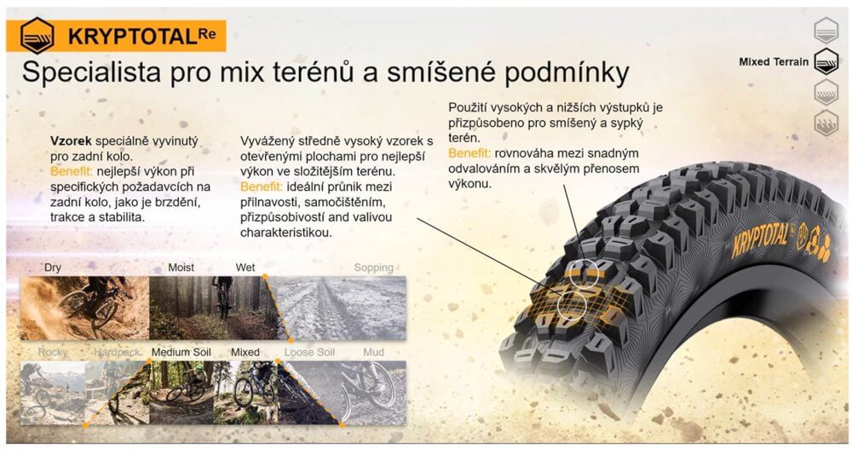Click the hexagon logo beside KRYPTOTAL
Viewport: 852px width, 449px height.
(37, 36)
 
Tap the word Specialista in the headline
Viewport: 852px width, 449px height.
(91, 72)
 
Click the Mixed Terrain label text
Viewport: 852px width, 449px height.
(774, 62)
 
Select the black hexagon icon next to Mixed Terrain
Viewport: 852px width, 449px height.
(826, 61)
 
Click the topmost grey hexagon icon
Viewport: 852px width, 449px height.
(826, 30)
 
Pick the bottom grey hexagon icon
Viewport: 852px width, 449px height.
(826, 123)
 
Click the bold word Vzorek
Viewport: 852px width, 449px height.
(71, 141)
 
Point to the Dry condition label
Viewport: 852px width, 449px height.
(53, 268)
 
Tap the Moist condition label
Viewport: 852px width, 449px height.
(181, 268)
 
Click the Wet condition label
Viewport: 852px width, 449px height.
(245, 268)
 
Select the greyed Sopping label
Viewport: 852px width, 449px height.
(374, 268)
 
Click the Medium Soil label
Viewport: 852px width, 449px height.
(181, 352)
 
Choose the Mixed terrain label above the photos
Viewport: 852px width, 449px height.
(245, 352)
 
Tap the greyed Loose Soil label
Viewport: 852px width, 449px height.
(310, 352)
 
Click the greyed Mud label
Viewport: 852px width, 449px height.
(374, 352)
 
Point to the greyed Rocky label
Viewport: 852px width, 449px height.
(53, 353)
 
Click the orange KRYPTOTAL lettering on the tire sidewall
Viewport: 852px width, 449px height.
(760, 239)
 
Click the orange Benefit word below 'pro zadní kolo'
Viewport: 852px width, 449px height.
(72, 172)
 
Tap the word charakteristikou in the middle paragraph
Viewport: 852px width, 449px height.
(285, 233)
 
